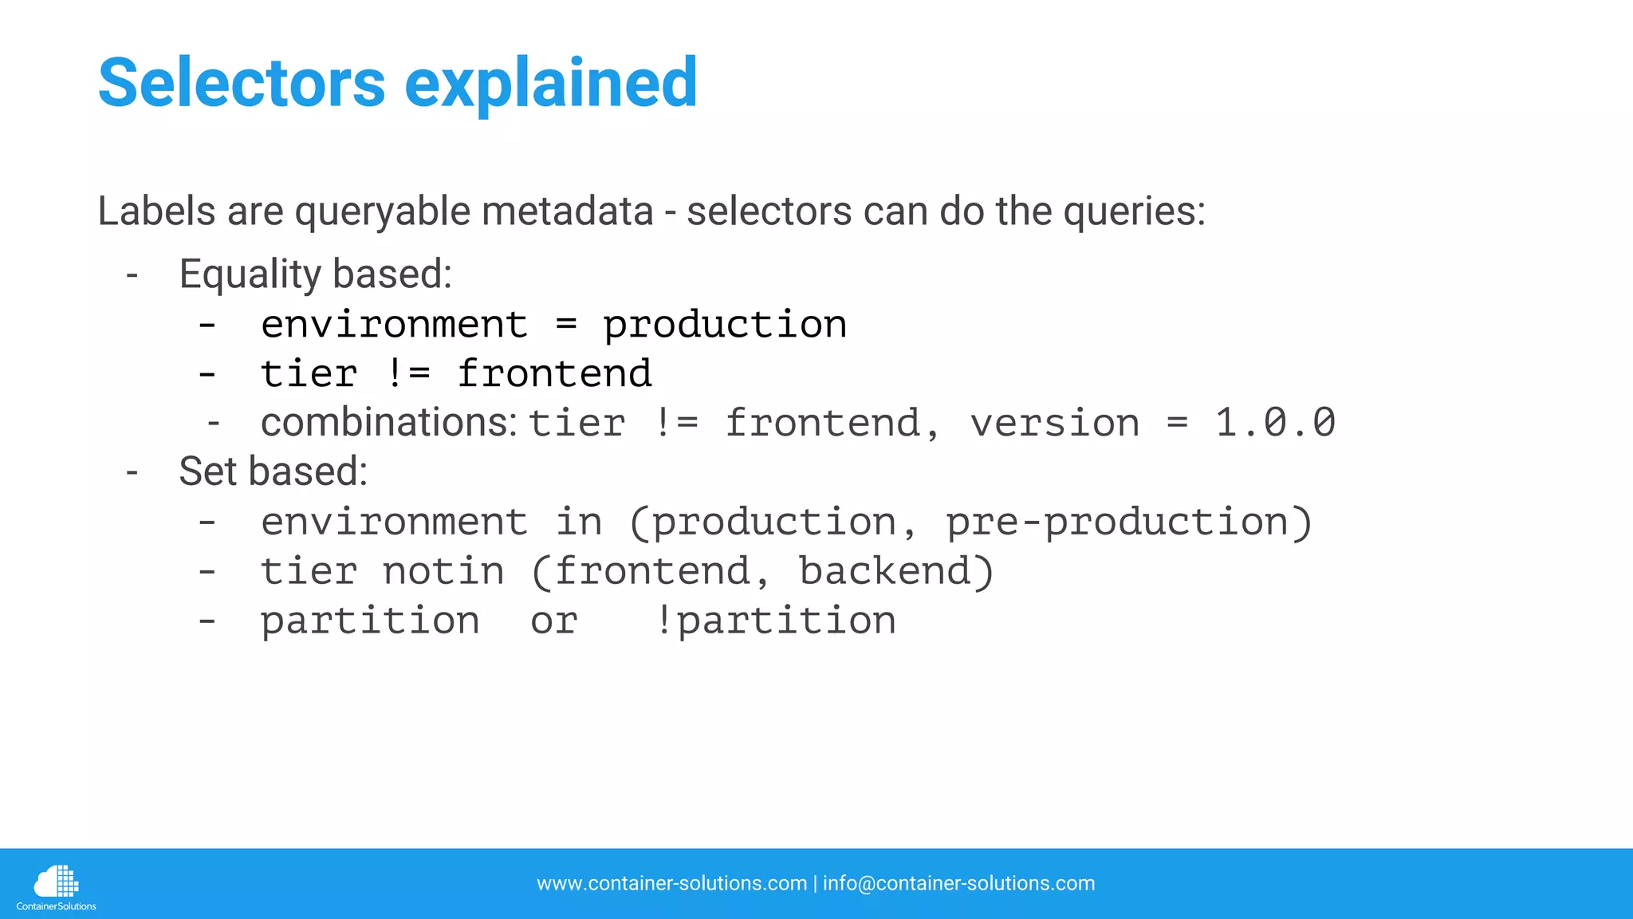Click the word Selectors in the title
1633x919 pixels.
point(242,83)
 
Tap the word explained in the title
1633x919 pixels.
point(551,83)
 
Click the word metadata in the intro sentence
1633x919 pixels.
point(567,211)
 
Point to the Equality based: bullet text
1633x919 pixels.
point(315,274)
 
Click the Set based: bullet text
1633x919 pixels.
point(273,471)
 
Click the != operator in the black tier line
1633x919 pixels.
point(407,373)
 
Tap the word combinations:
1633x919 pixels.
point(389,422)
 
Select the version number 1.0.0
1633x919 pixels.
point(1274,422)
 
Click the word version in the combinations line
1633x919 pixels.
point(1054,423)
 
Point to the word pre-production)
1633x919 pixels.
point(1128,523)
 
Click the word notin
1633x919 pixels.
point(443,571)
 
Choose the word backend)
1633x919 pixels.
point(896,571)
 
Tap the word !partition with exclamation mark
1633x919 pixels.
point(775,621)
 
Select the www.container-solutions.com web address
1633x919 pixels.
point(671,883)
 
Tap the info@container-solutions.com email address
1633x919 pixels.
point(958,883)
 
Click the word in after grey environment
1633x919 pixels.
point(579,523)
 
